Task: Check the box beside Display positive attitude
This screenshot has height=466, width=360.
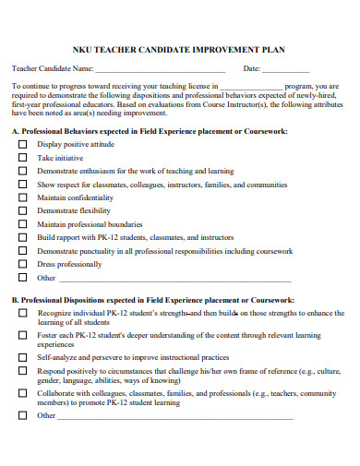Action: [x=23, y=145]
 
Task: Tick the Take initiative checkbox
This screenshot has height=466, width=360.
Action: [x=23, y=159]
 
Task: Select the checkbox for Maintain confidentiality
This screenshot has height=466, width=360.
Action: [x=23, y=197]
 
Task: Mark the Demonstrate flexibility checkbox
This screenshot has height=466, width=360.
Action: [x=23, y=211]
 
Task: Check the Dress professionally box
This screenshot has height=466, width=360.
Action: [x=23, y=264]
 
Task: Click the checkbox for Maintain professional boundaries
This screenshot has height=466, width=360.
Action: [x=23, y=224]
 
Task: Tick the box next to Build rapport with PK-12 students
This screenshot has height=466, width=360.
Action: [x=23, y=237]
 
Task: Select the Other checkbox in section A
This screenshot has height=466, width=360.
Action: [x=23, y=277]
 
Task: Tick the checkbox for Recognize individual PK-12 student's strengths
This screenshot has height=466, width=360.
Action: [x=23, y=314]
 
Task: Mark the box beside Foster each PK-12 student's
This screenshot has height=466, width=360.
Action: [x=23, y=336]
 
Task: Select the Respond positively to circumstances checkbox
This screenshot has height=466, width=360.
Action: [x=23, y=371]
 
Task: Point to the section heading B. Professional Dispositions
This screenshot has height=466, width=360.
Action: [x=152, y=301]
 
